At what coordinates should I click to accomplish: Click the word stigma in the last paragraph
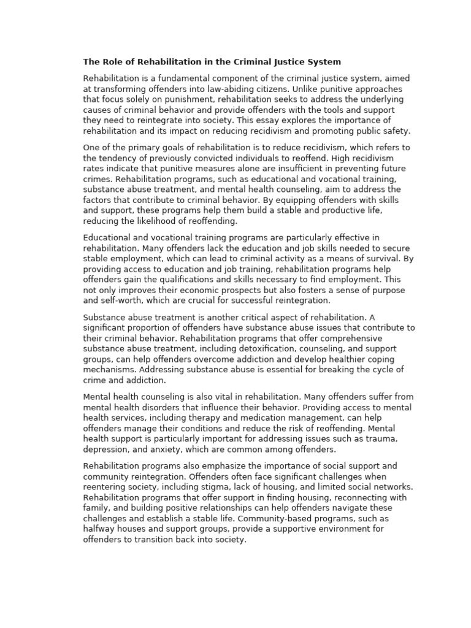(x=206, y=487)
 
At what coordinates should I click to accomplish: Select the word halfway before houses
(x=98, y=529)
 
